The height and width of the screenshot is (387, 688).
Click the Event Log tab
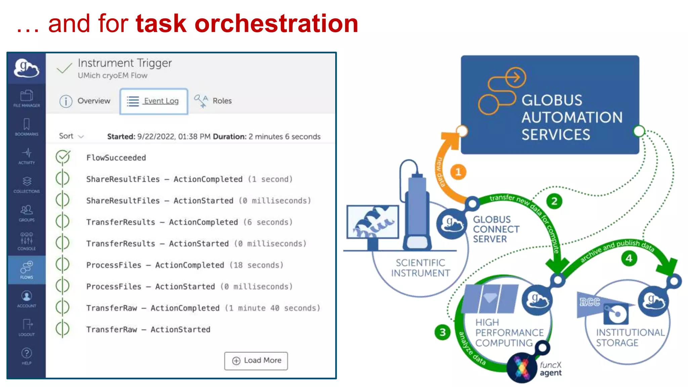coord(154,101)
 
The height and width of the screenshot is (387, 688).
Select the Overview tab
coord(85,101)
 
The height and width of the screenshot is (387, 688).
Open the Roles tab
coord(213,101)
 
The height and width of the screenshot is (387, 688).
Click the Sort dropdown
coord(71,136)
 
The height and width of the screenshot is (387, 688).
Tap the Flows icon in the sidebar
coord(27,270)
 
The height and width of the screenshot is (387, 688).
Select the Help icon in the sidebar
coord(27,356)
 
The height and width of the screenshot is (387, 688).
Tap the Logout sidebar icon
coord(27,327)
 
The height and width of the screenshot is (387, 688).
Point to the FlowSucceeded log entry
coord(116,158)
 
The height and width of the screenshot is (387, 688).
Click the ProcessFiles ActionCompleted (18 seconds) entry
coord(185,265)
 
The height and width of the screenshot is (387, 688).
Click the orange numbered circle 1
coord(458,172)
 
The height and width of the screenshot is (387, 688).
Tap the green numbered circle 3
coord(442,332)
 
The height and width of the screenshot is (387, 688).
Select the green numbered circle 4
coord(629,258)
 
